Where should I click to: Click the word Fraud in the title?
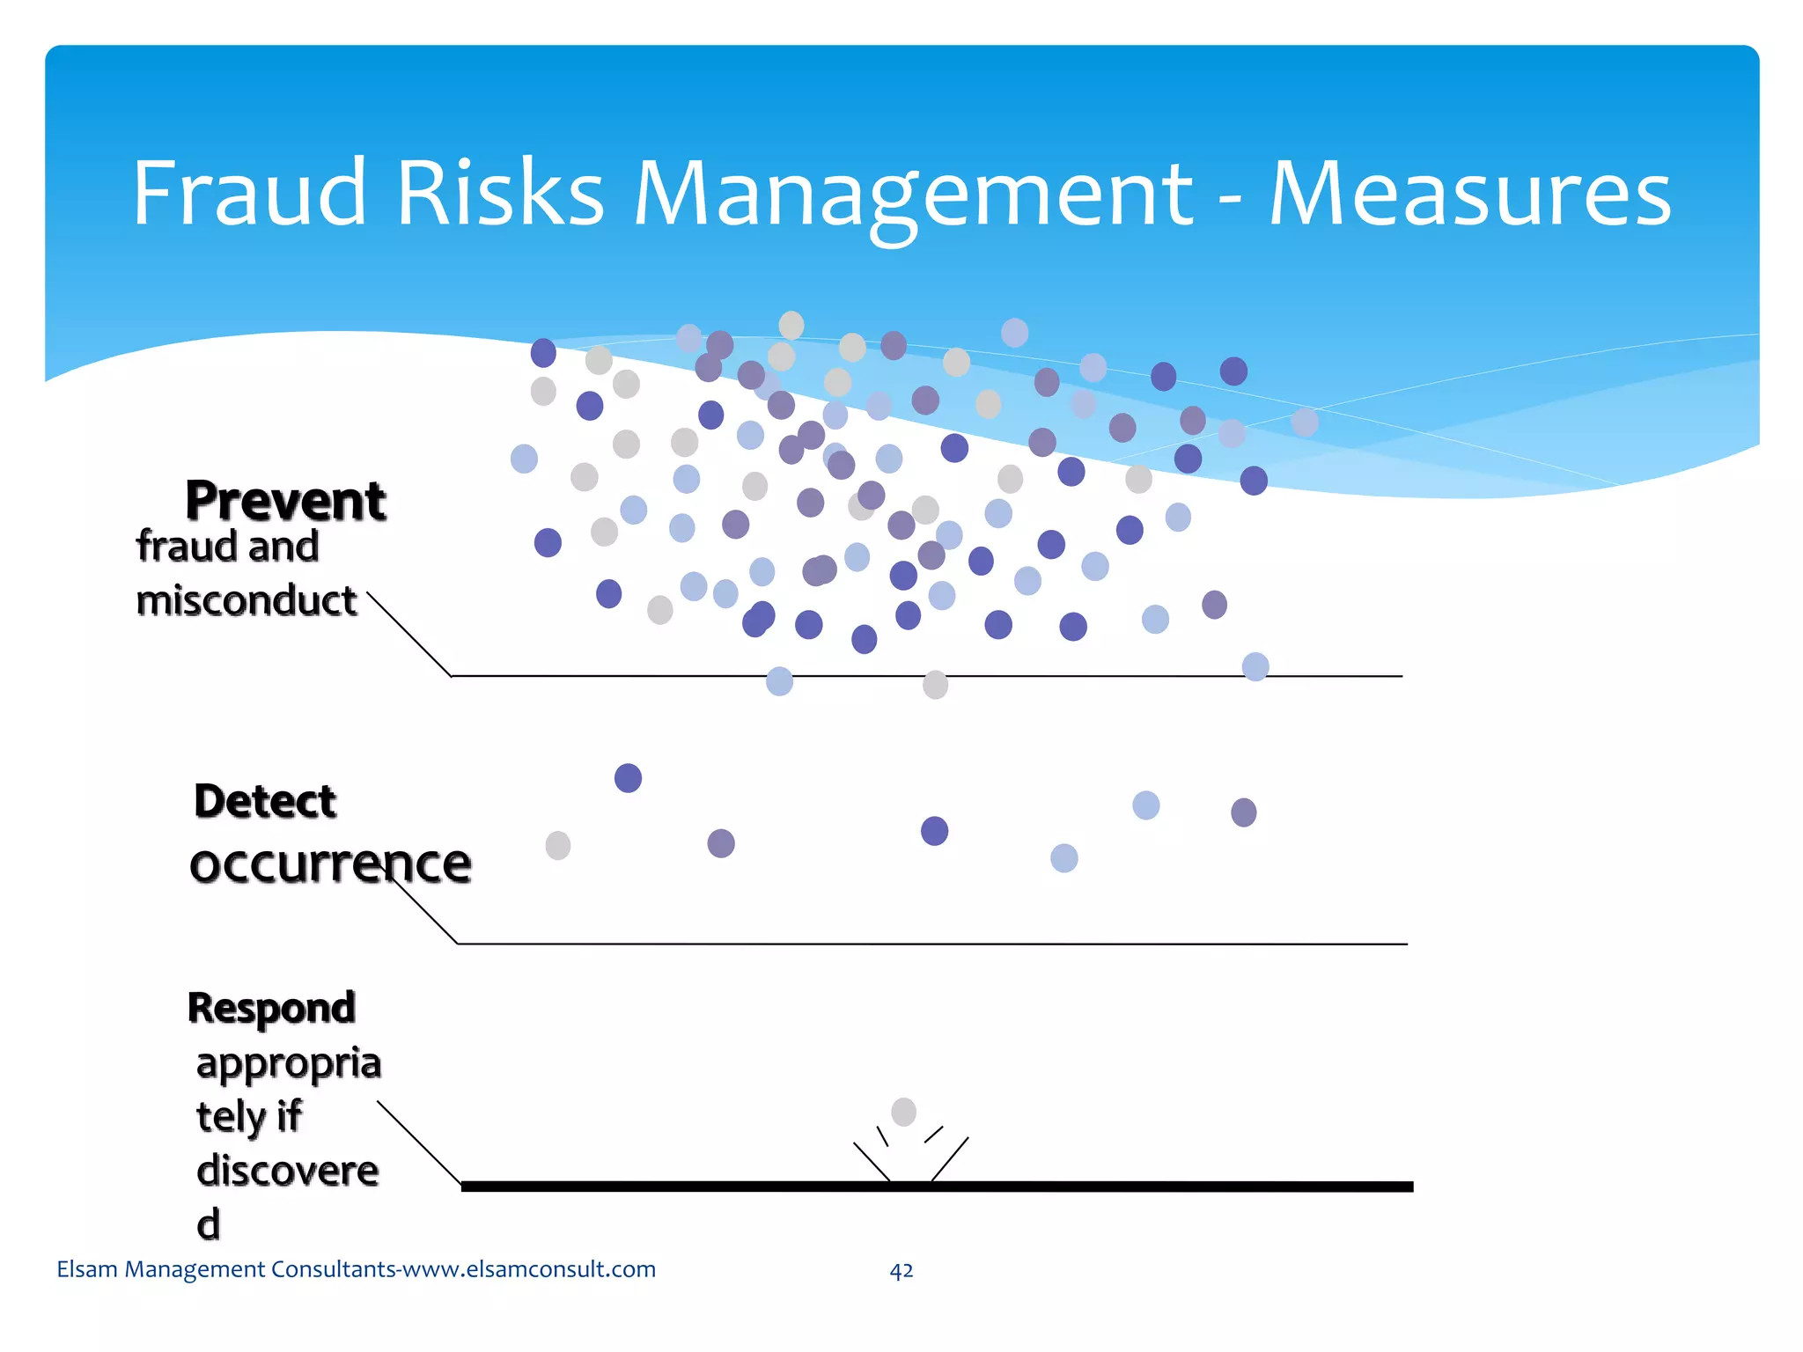pyautogui.click(x=249, y=192)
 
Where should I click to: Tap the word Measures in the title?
pyautogui.click(x=1469, y=194)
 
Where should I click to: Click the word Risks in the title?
pyautogui.click(x=500, y=192)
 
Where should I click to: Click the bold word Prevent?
pyautogui.click(x=285, y=501)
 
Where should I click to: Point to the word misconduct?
pyautogui.click(x=247, y=601)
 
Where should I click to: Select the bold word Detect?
pyautogui.click(x=265, y=801)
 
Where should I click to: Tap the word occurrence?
pyautogui.click(x=330, y=863)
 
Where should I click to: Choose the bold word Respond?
pyautogui.click(x=271, y=1008)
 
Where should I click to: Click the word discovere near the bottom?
pyautogui.click(x=288, y=1172)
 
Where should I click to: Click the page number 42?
pyautogui.click(x=901, y=1270)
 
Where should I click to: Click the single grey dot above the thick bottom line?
pyautogui.click(x=903, y=1112)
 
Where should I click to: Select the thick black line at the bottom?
pyautogui.click(x=1144, y=1187)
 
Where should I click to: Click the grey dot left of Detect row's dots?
pyautogui.click(x=558, y=846)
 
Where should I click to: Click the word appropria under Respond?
pyautogui.click(x=289, y=1063)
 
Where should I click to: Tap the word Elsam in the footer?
pyautogui.click(x=87, y=1269)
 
